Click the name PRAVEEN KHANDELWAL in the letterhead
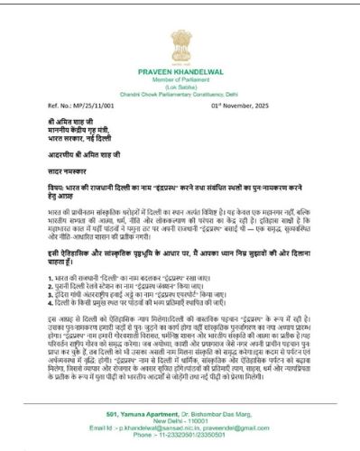(x=180, y=68)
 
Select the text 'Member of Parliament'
(x=180, y=76)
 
